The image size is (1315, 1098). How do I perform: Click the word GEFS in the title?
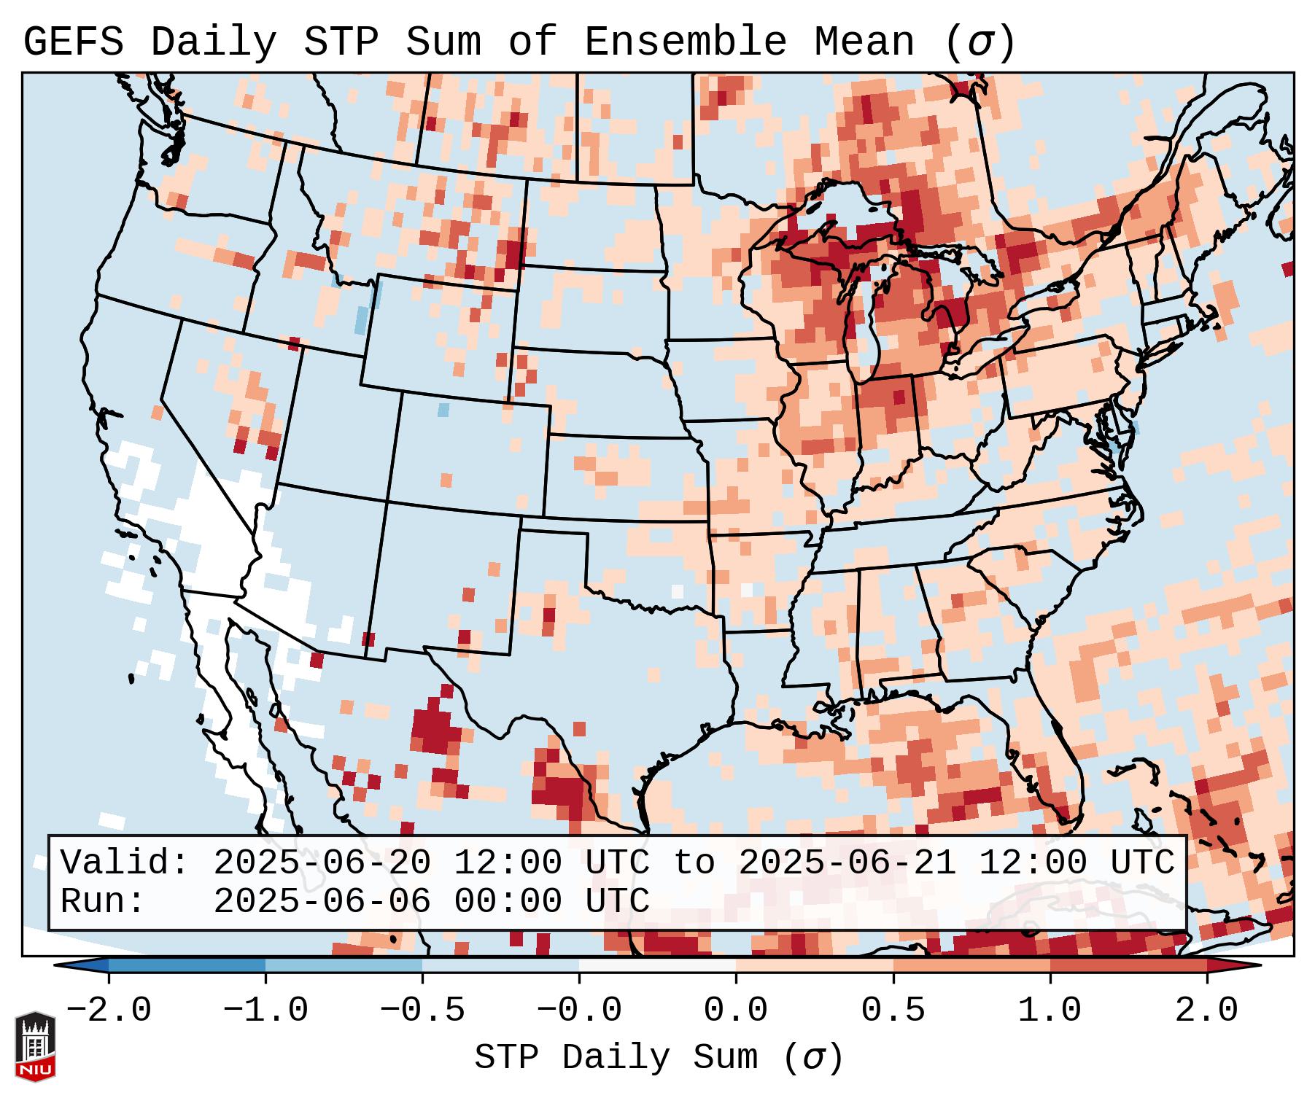[73, 42]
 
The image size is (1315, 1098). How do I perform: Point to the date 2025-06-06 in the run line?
[322, 901]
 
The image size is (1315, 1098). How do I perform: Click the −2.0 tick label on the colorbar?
[109, 1011]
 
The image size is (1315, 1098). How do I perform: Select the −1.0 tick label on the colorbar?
[265, 1011]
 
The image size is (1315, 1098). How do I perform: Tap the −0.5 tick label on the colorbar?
[422, 1011]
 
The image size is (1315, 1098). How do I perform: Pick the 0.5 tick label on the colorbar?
[893, 1011]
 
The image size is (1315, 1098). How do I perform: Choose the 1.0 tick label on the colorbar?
[1050, 1011]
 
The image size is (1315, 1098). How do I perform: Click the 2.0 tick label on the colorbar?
[1206, 1011]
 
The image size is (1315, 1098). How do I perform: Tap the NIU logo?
[35, 1046]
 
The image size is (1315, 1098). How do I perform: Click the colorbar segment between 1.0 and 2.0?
[1128, 965]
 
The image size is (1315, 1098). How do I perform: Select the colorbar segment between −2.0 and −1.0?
[187, 965]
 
